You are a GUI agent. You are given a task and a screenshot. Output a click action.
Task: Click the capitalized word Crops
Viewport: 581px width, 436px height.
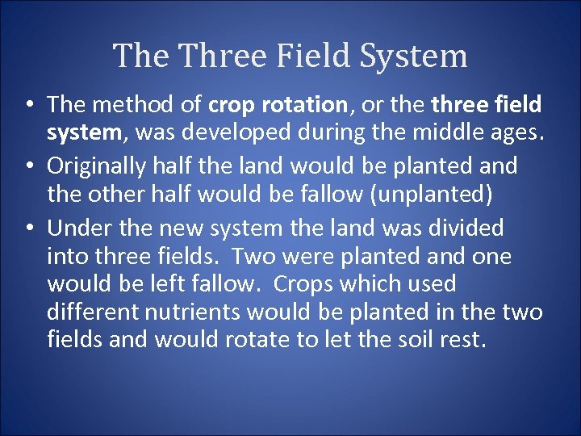point(303,284)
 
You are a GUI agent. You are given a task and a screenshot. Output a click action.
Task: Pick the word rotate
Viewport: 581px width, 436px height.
point(257,340)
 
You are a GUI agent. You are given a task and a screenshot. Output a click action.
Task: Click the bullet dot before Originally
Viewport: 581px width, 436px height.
point(28,166)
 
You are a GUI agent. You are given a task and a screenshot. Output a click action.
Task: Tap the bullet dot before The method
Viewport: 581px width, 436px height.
point(28,105)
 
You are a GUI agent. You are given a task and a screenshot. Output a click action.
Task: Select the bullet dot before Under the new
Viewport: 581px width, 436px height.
point(28,228)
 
